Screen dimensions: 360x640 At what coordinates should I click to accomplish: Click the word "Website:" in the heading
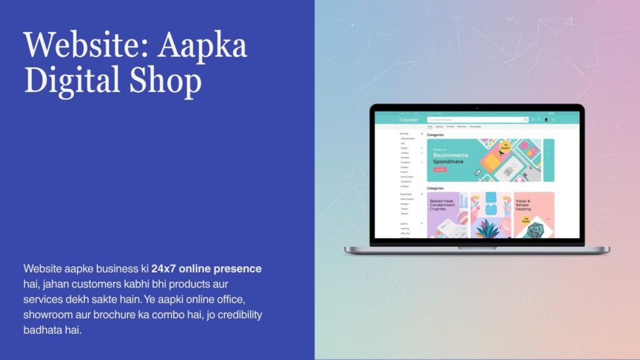[x=84, y=46]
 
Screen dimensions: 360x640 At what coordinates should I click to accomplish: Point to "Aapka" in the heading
[x=202, y=46]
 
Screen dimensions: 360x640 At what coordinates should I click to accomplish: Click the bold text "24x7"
[x=164, y=269]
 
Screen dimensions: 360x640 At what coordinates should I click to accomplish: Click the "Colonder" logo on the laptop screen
[x=408, y=119]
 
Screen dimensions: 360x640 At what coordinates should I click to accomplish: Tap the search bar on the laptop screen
[x=477, y=119]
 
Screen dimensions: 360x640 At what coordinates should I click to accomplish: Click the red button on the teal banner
[x=440, y=169]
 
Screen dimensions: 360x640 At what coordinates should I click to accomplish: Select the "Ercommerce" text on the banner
[x=450, y=155]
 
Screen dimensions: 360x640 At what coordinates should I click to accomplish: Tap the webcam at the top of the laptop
[x=477, y=108]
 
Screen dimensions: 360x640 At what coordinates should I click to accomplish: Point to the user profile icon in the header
[x=546, y=119]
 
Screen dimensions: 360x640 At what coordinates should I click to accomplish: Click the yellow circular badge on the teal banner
[x=505, y=147]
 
